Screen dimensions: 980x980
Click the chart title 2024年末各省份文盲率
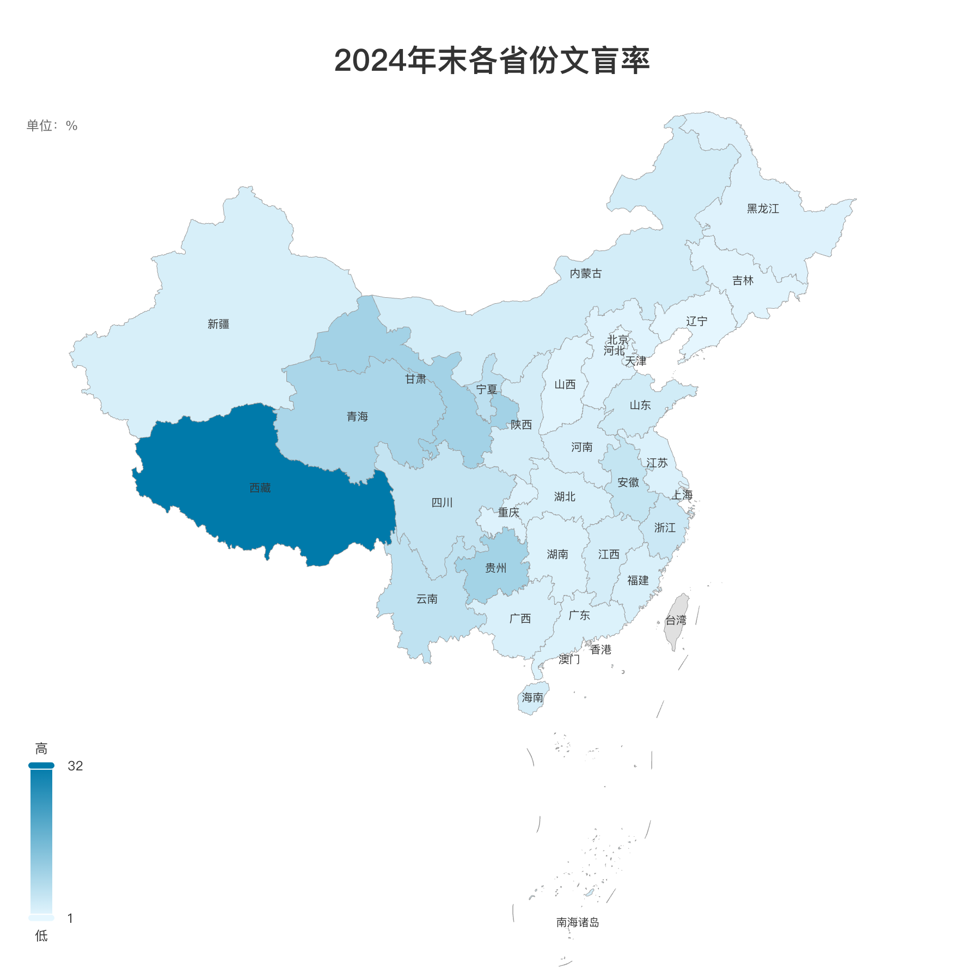tap(492, 60)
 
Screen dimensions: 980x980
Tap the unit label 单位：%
tap(52, 126)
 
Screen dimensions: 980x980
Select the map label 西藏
tap(260, 488)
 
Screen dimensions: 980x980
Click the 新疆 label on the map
tap(218, 324)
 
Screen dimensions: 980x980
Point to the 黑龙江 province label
tap(763, 209)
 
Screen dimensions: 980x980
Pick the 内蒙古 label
tap(586, 273)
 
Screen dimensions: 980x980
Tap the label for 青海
tap(357, 416)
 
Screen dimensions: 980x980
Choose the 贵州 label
tap(495, 568)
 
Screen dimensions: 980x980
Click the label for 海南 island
tap(532, 697)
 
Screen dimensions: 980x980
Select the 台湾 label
tap(676, 620)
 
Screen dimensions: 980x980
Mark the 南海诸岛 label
tap(578, 922)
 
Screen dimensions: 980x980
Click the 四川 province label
tap(442, 503)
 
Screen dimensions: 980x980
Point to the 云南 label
tap(427, 599)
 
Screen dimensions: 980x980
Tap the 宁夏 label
tap(487, 389)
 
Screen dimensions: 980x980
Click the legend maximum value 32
tap(75, 766)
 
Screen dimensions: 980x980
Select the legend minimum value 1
tap(70, 918)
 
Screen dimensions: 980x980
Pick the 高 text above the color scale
tap(41, 749)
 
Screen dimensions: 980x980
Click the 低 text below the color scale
tap(41, 936)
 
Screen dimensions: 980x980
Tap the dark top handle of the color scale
tap(41, 765)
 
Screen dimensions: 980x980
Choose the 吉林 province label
tap(743, 280)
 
